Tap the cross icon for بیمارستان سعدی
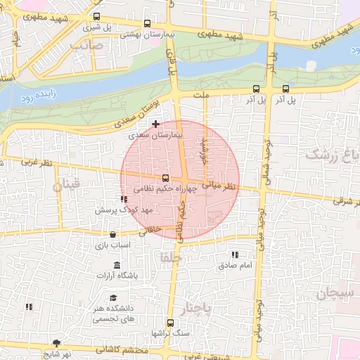[x=155, y=124]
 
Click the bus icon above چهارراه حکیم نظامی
[x=165, y=179]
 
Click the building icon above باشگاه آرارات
[x=117, y=265]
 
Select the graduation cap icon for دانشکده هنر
[x=113, y=297]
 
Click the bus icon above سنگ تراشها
[x=169, y=321]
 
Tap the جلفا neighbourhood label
[x=171, y=257]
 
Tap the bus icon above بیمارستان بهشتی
[x=146, y=22]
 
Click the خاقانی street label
[x=152, y=229]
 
